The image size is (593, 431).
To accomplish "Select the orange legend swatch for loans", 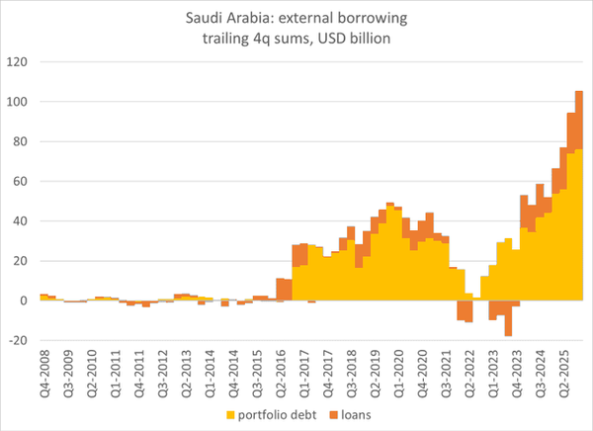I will (333, 415).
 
